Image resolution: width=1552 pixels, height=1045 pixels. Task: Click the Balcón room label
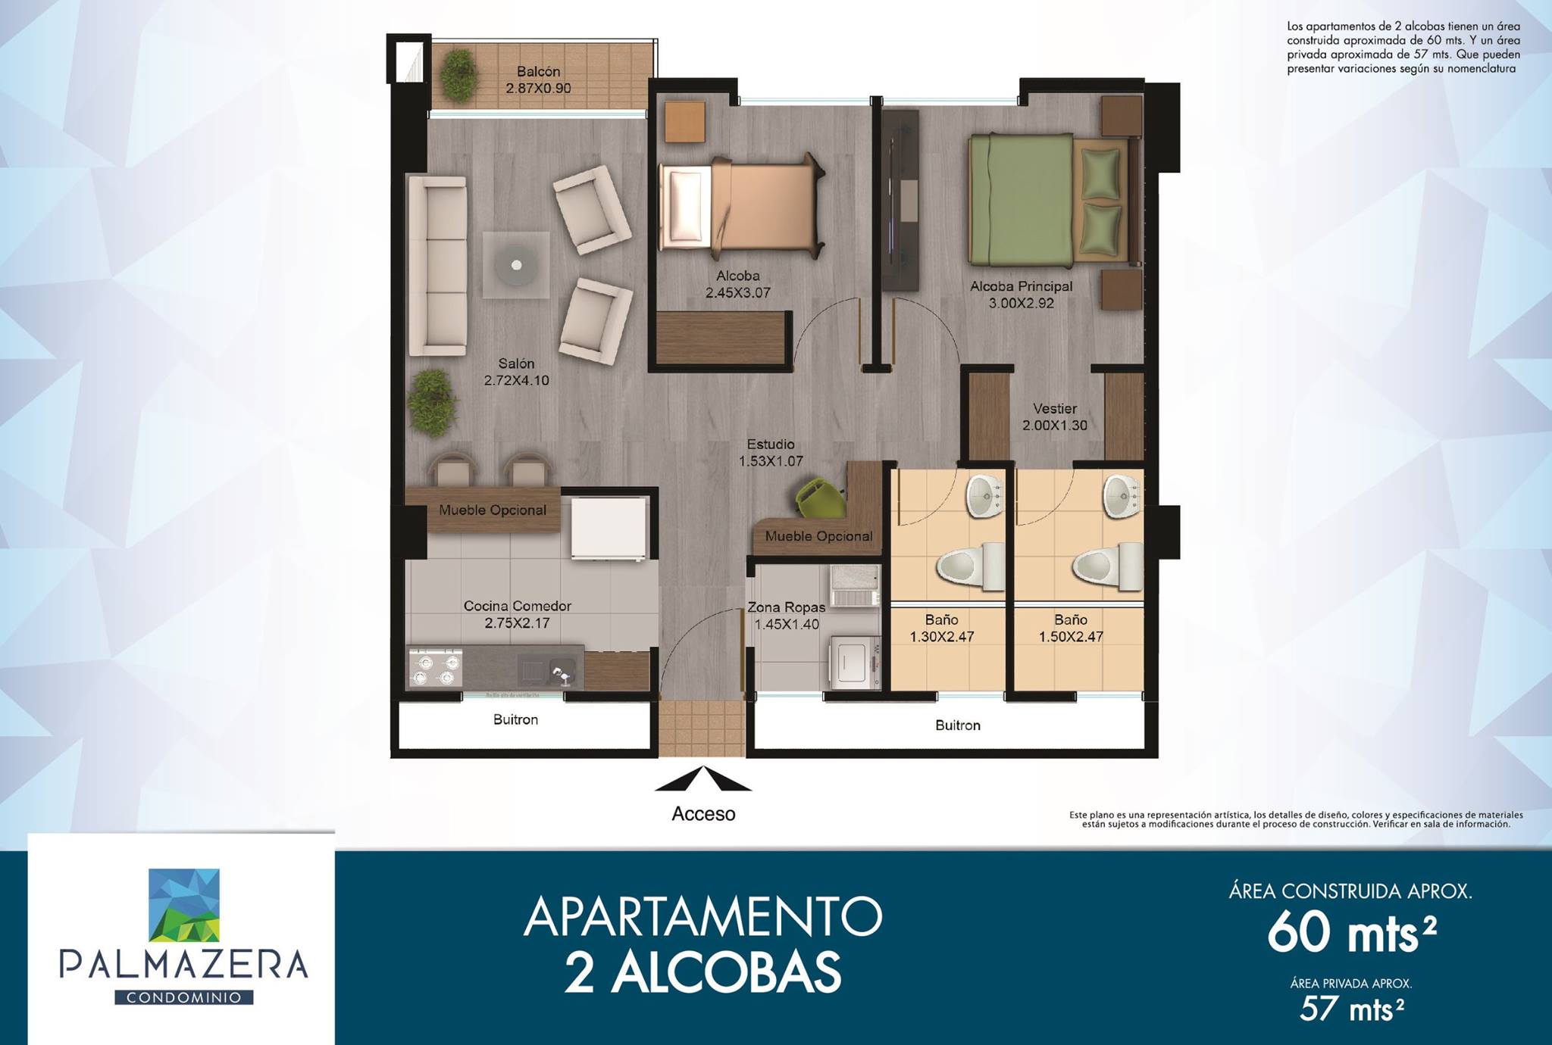(x=539, y=71)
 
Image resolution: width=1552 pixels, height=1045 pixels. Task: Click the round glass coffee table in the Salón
(x=517, y=265)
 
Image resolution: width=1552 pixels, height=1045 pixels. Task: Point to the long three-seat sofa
(x=437, y=266)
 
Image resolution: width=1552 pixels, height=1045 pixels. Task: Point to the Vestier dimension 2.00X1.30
(x=1054, y=426)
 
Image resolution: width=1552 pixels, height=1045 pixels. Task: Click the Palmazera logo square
(x=184, y=905)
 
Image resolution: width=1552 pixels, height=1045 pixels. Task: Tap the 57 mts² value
(x=1351, y=1009)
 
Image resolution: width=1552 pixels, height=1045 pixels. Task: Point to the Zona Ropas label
(x=786, y=607)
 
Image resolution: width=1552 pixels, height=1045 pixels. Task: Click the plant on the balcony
(x=458, y=76)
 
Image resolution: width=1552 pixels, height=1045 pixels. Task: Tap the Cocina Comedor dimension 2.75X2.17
(x=517, y=623)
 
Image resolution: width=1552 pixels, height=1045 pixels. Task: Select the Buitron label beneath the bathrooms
(x=957, y=725)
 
